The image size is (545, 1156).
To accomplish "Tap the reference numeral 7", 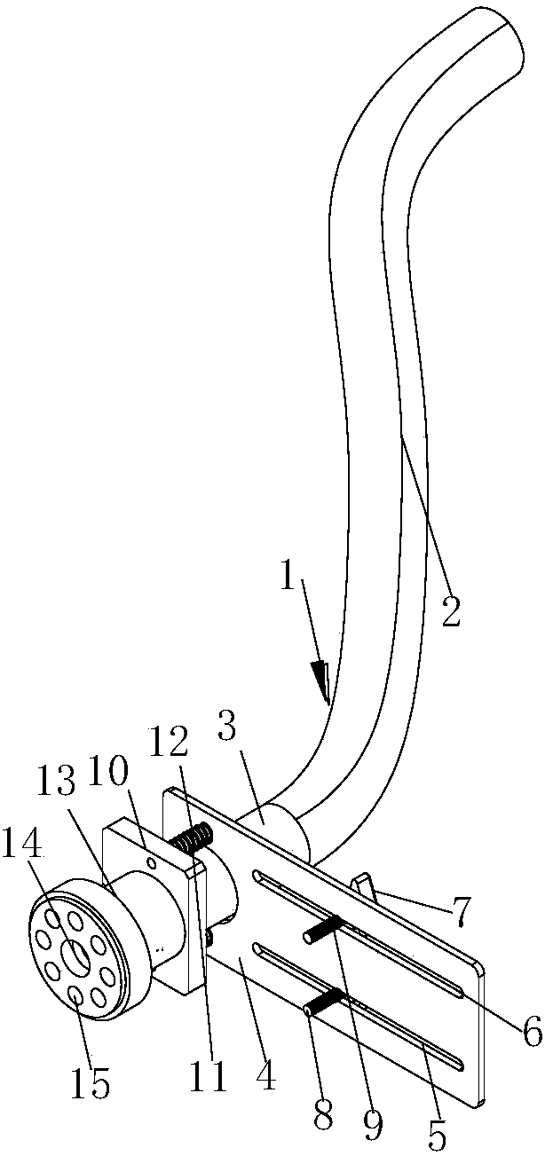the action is coord(460,912).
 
